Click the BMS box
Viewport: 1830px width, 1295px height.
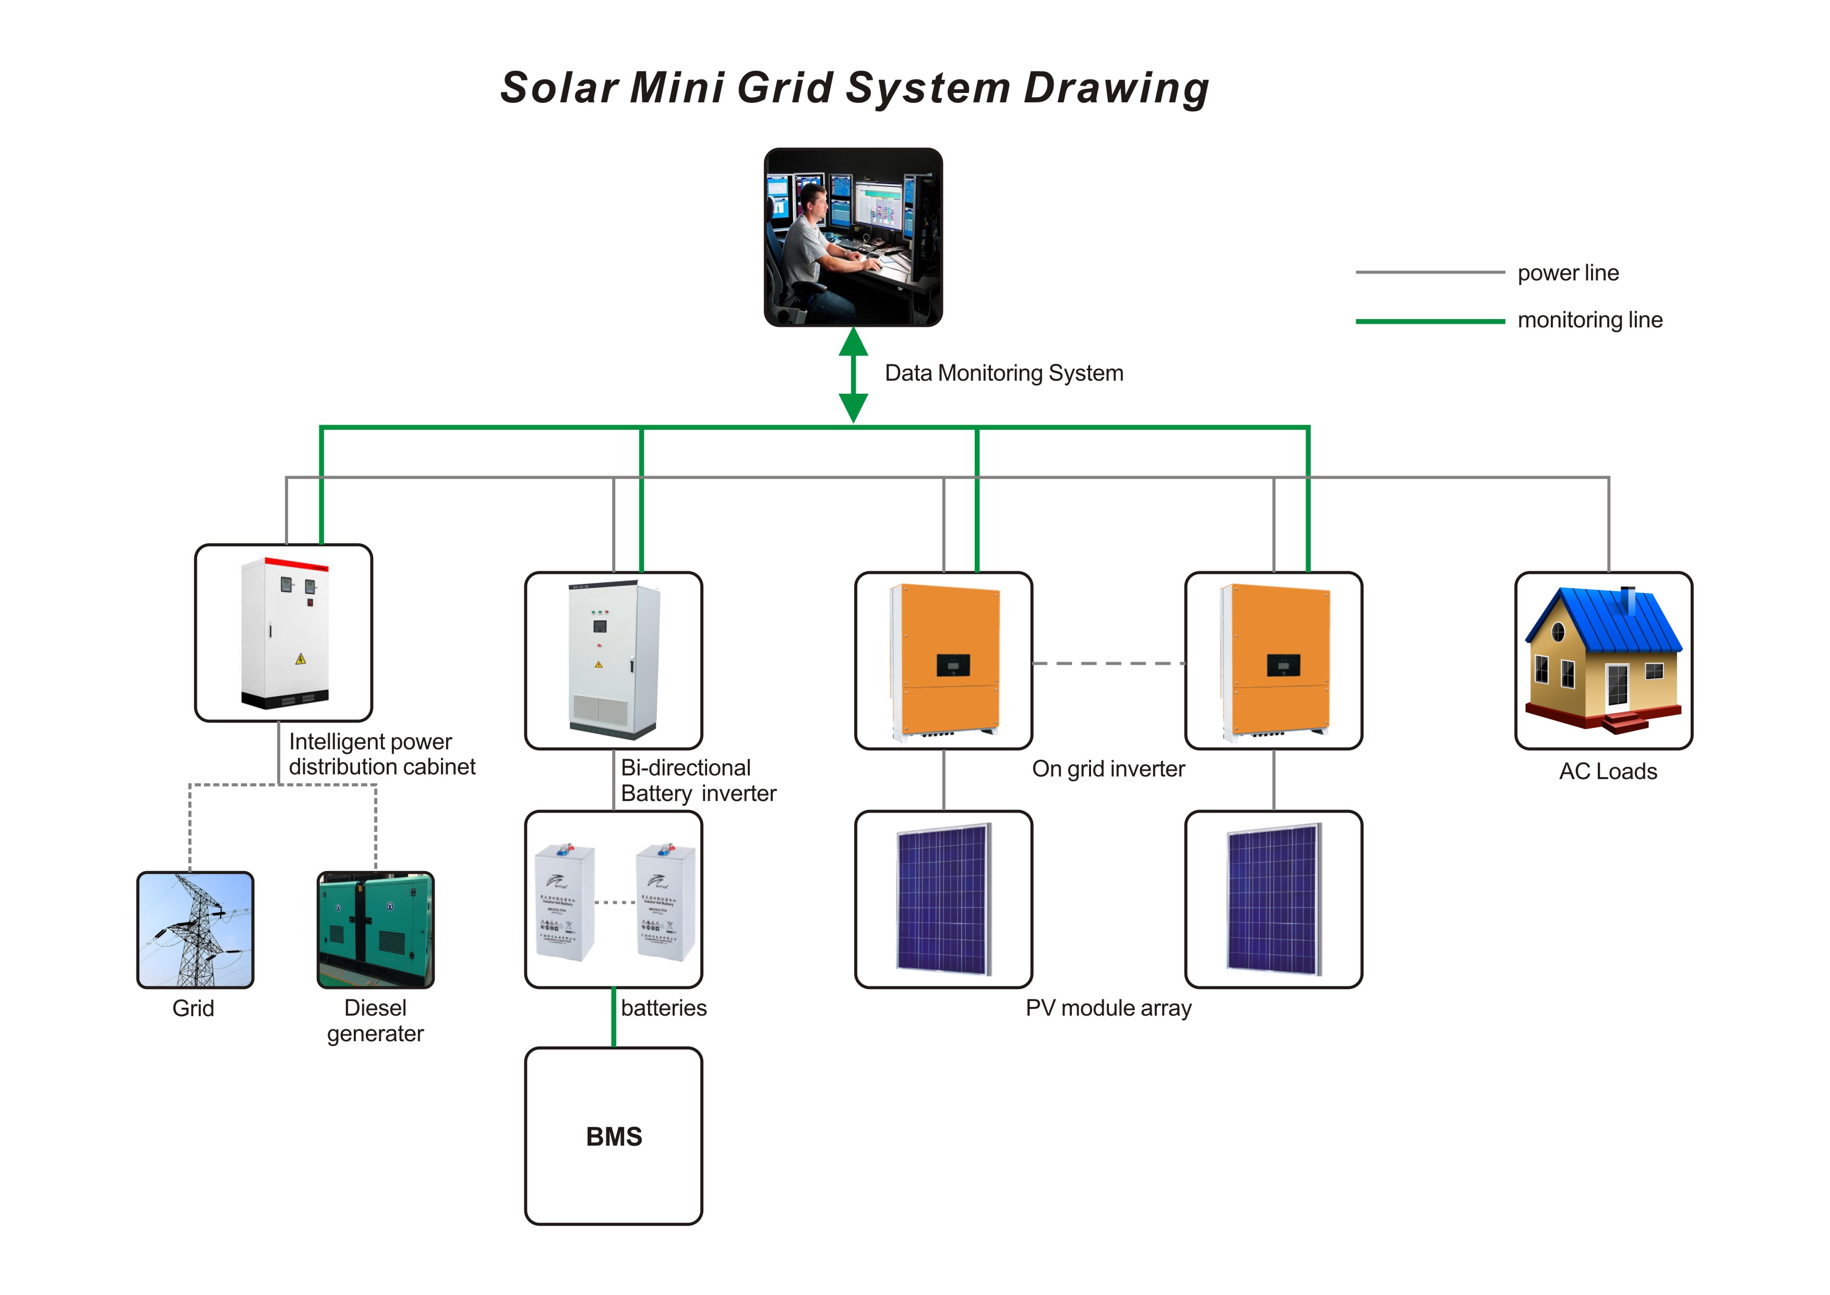(613, 1136)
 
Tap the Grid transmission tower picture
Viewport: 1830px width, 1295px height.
(195, 930)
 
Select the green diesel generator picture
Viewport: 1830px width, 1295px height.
(375, 930)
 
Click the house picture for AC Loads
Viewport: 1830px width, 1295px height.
(1603, 660)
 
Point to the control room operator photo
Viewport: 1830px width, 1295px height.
(853, 237)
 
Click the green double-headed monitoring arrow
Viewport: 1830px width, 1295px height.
(853, 375)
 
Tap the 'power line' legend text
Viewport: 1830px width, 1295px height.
(1567, 273)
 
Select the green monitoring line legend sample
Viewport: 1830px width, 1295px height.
(1429, 321)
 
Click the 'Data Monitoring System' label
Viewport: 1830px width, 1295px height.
(1003, 373)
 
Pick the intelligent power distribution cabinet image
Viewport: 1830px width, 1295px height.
(284, 633)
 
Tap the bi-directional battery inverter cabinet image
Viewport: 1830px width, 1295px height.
(613, 660)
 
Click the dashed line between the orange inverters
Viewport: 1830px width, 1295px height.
(1108, 663)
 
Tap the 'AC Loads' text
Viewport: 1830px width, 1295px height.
(1608, 771)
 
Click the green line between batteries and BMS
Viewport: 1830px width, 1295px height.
(613, 1018)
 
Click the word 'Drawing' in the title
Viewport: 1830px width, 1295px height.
(1116, 88)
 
